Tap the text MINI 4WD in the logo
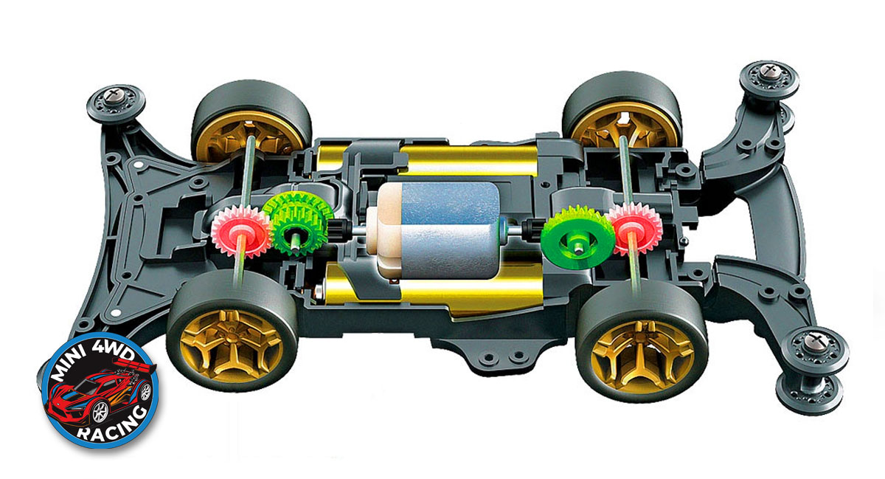coord(96,361)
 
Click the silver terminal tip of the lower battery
coord(319,293)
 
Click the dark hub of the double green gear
coord(296,239)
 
